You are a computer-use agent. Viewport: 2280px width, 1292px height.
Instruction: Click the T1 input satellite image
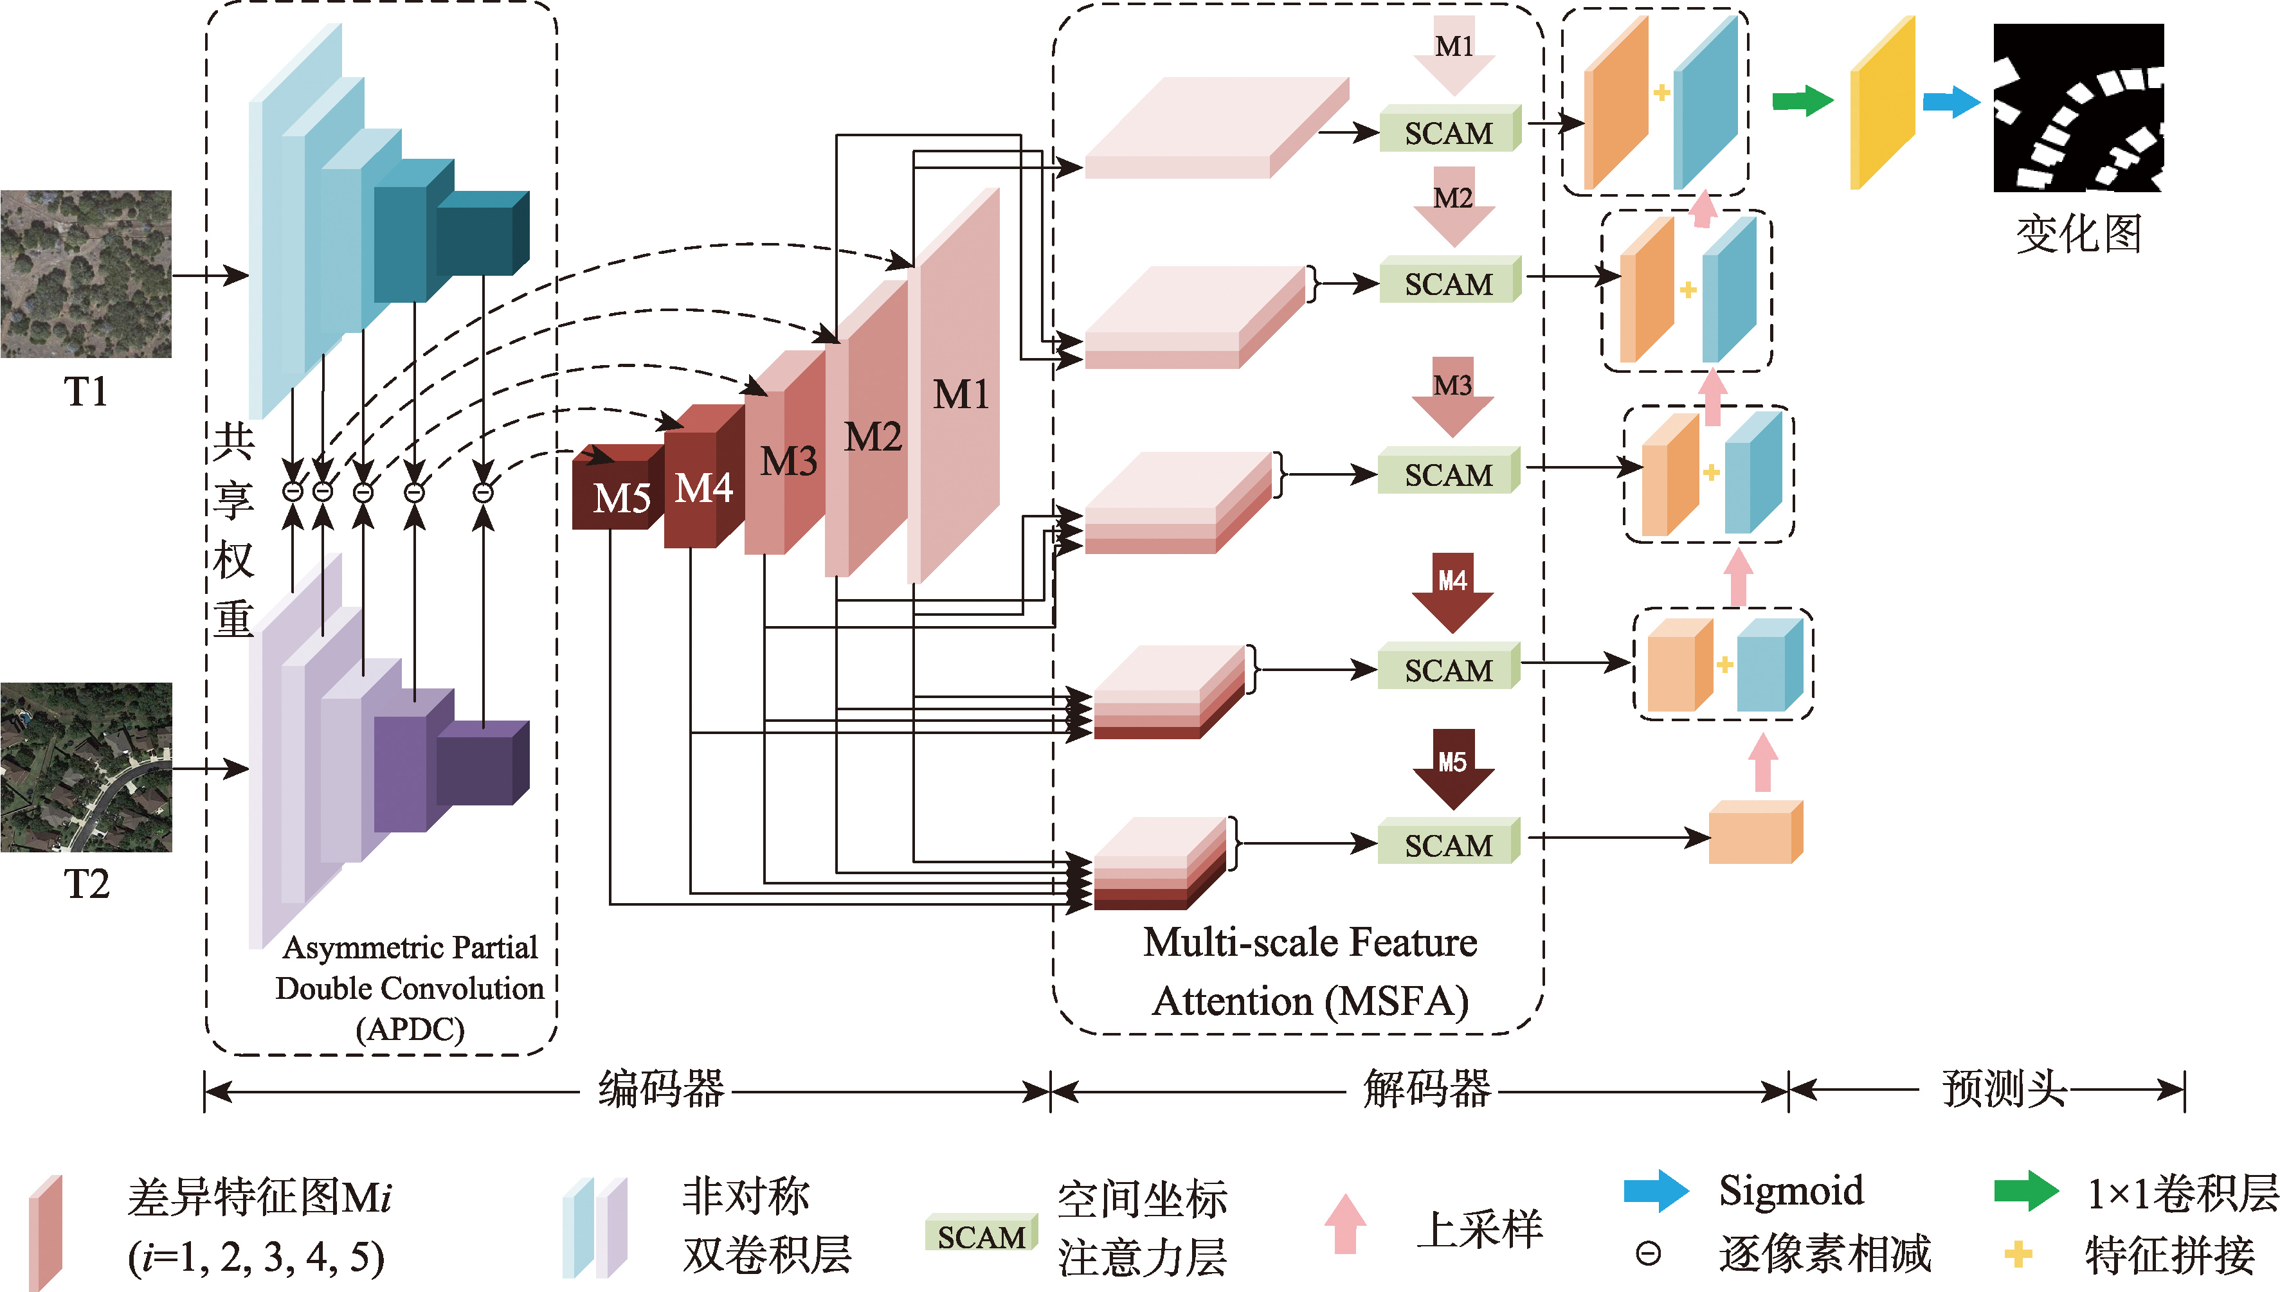[86, 274]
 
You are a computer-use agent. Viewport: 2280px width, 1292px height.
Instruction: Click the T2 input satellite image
[86, 767]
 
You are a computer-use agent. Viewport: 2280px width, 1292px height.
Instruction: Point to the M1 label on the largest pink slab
[961, 394]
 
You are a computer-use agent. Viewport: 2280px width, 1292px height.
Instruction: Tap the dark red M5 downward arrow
[1453, 769]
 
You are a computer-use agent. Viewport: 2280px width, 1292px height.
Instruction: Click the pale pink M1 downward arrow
[1454, 55]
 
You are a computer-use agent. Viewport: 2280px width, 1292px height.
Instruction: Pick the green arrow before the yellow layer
[1802, 100]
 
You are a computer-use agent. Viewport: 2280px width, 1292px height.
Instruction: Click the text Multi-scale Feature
[1310, 942]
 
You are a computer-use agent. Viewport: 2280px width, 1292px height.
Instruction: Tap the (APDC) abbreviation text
[410, 1029]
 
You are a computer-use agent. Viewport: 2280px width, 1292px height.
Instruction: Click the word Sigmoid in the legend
[1791, 1191]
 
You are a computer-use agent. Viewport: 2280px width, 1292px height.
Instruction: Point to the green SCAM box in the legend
[981, 1234]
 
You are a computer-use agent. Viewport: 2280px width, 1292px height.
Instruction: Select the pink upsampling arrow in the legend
[1346, 1224]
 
